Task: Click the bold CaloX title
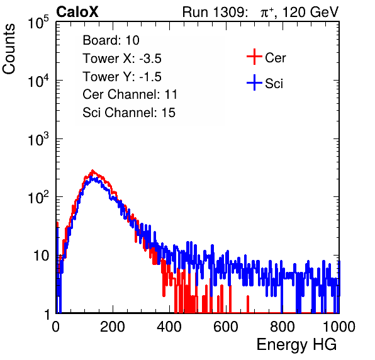click(x=77, y=12)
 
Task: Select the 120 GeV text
click(x=310, y=12)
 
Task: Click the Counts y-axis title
click(x=9, y=49)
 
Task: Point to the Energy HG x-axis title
click(x=296, y=345)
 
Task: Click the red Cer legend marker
click(x=254, y=57)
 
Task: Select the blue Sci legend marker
click(x=254, y=82)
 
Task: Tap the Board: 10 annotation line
click(x=111, y=40)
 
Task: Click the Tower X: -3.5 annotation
click(x=122, y=59)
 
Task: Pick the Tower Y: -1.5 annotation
click(x=122, y=77)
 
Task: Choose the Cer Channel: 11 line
click(x=130, y=94)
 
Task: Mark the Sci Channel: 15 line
click(x=129, y=113)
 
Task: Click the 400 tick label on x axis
click(x=169, y=327)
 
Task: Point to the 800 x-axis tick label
click(x=283, y=327)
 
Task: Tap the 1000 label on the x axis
click(x=339, y=327)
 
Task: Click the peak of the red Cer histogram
click(x=92, y=171)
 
